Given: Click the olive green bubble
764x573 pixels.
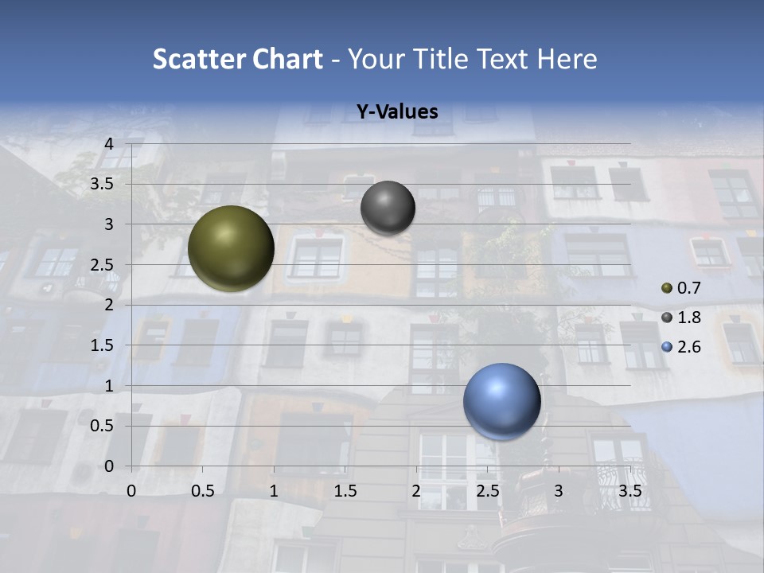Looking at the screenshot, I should pyautogui.click(x=231, y=248).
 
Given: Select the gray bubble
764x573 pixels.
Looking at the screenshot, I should pyautogui.click(x=388, y=208).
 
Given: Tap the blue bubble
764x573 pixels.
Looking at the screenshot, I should pyautogui.click(x=501, y=401).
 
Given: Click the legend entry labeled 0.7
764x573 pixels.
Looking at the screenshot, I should pyautogui.click(x=680, y=288).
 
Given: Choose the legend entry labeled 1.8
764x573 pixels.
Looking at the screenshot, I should pyautogui.click(x=680, y=318).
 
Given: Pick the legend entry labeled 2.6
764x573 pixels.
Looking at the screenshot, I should pyautogui.click(x=680, y=347).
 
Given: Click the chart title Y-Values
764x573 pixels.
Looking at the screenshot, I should pyautogui.click(x=396, y=112).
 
